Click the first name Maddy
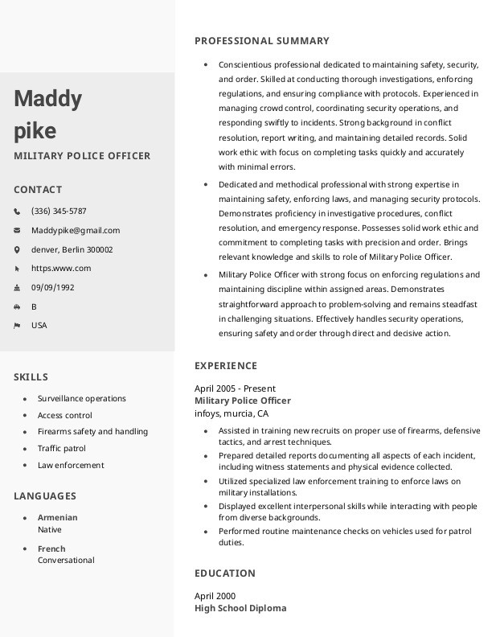tap(47, 99)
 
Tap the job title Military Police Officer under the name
tap(82, 156)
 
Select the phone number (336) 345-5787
tap(59, 212)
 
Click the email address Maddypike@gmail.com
tap(76, 230)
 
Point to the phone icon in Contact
tap(17, 212)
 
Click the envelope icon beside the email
tap(17, 230)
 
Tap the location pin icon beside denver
tap(17, 249)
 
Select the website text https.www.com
tap(61, 269)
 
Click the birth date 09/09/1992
tap(53, 287)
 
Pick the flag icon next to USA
tap(17, 326)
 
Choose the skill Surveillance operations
tap(82, 399)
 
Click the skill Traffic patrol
tap(62, 449)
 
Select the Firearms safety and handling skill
tap(92, 432)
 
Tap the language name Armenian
tap(58, 518)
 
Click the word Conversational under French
tap(66, 561)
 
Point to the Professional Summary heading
tap(262, 41)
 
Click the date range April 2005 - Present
tap(235, 388)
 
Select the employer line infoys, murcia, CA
tap(232, 413)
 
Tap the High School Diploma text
tap(240, 609)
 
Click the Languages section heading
tap(45, 496)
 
